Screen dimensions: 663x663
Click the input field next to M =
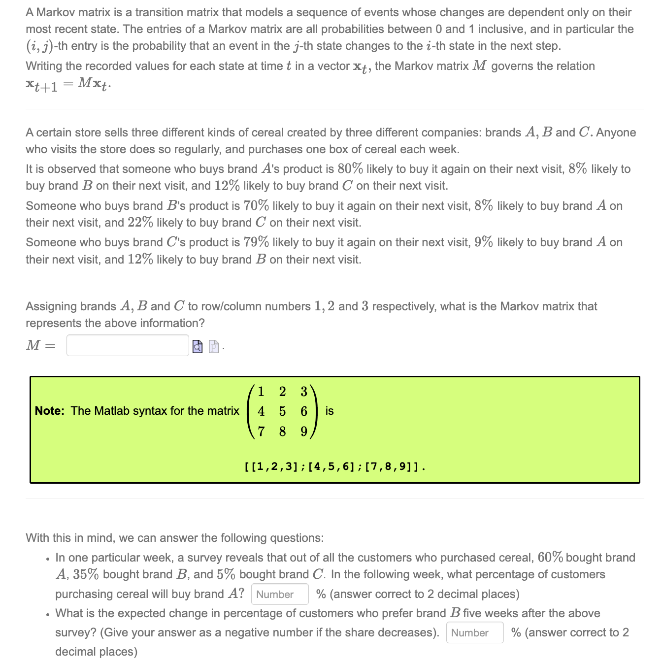click(128, 345)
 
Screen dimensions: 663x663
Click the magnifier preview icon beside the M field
click(197, 347)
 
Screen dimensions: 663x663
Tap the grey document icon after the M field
click(213, 347)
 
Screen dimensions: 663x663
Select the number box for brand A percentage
click(280, 594)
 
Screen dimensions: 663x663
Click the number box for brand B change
click(474, 632)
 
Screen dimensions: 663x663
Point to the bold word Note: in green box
click(50, 411)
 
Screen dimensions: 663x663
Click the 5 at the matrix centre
click(282, 411)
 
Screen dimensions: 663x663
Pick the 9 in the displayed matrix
click(304, 431)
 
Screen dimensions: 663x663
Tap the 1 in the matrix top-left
click(261, 392)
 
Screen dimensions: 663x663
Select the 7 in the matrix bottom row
click(261, 431)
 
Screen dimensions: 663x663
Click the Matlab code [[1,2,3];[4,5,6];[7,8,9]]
click(334, 466)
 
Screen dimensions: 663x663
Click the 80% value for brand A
click(350, 169)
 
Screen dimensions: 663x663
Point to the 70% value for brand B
click(256, 205)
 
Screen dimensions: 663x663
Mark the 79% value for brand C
click(256, 242)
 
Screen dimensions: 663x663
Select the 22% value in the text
click(140, 223)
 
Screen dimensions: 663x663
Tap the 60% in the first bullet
click(550, 558)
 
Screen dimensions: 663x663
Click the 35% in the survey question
click(86, 574)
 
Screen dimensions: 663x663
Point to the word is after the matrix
click(330, 411)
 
